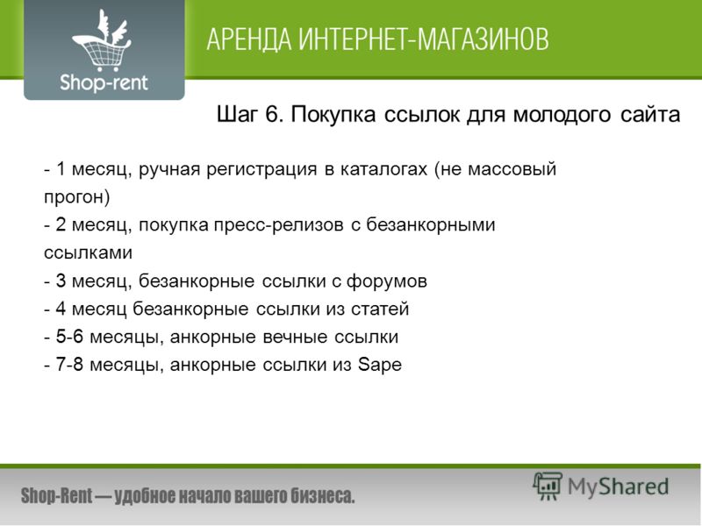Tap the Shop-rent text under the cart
(104, 83)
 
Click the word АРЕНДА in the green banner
(249, 39)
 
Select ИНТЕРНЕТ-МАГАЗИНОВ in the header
(424, 39)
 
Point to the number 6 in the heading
(272, 114)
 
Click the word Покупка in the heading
(333, 115)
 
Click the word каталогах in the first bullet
(383, 169)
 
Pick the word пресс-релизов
(278, 225)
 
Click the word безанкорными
(431, 224)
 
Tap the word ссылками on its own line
(89, 252)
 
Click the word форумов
(387, 281)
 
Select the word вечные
(295, 338)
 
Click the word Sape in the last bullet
(380, 365)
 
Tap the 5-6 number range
(69, 337)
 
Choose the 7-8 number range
(69, 365)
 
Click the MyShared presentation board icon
(548, 487)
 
